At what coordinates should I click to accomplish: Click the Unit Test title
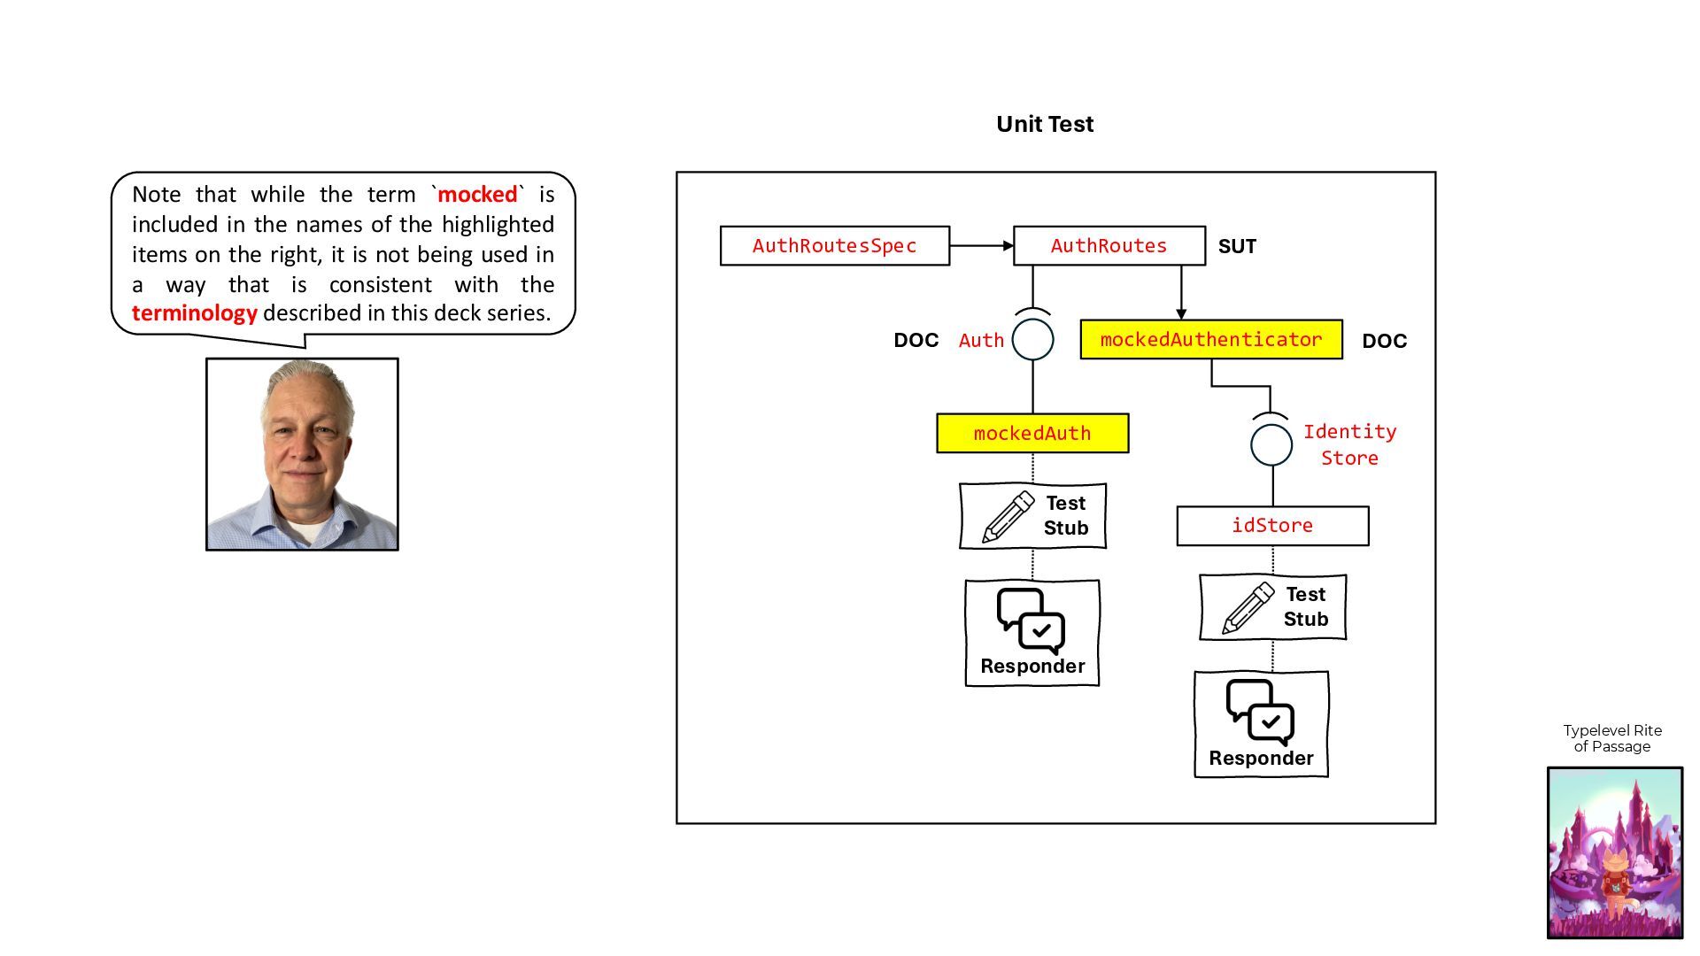point(1045,124)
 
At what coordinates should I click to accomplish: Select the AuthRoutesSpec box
point(835,246)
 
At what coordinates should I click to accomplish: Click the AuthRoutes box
point(1109,246)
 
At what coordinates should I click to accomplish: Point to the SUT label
point(1237,246)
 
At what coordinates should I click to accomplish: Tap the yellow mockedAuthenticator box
point(1211,340)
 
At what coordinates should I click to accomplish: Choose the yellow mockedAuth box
point(1032,434)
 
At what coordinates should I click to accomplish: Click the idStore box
point(1272,526)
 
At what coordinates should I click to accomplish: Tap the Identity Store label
point(1349,444)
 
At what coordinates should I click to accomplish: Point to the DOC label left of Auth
point(916,341)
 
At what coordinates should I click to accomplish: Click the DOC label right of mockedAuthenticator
point(1385,341)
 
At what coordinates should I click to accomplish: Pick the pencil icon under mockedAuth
point(1008,517)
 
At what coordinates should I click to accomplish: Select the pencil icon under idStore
point(1248,608)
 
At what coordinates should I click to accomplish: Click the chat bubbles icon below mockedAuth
point(1031,621)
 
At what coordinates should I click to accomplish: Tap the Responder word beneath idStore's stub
point(1261,759)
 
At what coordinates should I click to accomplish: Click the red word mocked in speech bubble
point(477,195)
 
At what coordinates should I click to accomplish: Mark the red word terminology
point(195,313)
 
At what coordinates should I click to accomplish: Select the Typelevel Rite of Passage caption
point(1612,738)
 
